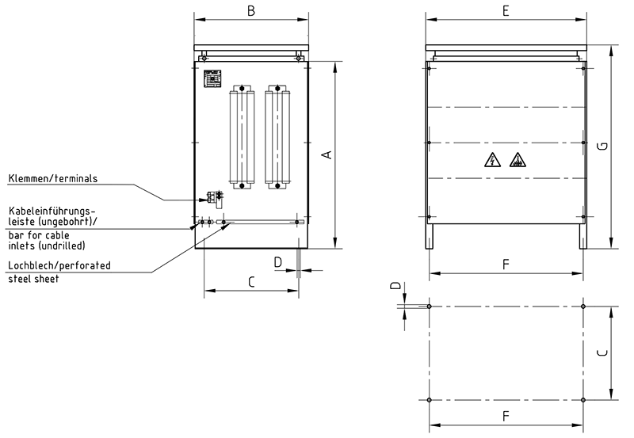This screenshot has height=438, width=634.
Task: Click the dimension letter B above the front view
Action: click(x=250, y=10)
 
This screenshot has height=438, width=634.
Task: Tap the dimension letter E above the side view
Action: click(x=506, y=10)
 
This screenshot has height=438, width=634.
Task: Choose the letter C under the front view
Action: click(x=250, y=281)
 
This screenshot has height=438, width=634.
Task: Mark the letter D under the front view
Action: click(x=277, y=261)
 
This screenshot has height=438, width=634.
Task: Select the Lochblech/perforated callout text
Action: click(x=59, y=265)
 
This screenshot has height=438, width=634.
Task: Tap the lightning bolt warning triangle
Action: click(x=492, y=161)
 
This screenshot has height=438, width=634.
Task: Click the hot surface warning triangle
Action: click(x=518, y=161)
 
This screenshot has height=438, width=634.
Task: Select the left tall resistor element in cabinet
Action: click(x=239, y=138)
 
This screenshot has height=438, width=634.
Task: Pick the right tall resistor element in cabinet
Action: click(x=278, y=138)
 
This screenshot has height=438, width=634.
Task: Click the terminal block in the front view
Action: click(x=212, y=196)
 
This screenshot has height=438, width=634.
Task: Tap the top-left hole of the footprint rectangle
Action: click(x=429, y=306)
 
